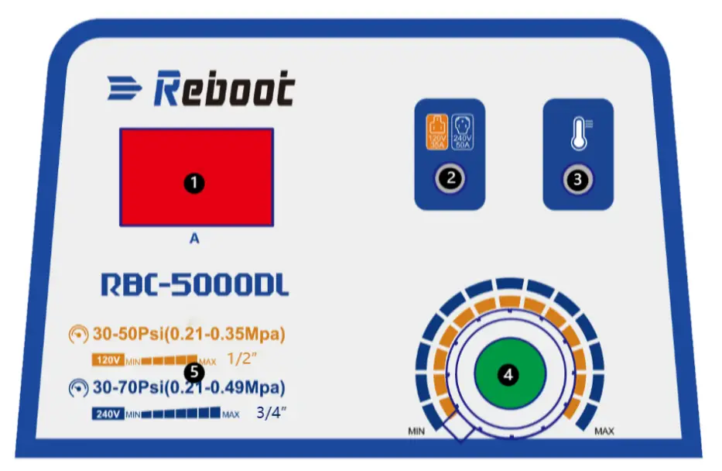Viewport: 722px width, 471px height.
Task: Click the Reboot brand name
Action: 224,90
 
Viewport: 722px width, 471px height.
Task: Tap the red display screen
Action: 196,177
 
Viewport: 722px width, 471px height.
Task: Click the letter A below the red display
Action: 194,239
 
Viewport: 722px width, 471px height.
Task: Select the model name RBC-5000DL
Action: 195,284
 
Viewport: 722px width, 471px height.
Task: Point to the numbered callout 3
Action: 577,178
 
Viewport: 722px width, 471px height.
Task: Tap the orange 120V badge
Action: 107,360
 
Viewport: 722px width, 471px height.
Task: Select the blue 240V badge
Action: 107,414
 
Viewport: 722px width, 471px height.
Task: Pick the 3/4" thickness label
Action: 272,413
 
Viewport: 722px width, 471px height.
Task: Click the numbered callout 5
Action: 195,373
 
